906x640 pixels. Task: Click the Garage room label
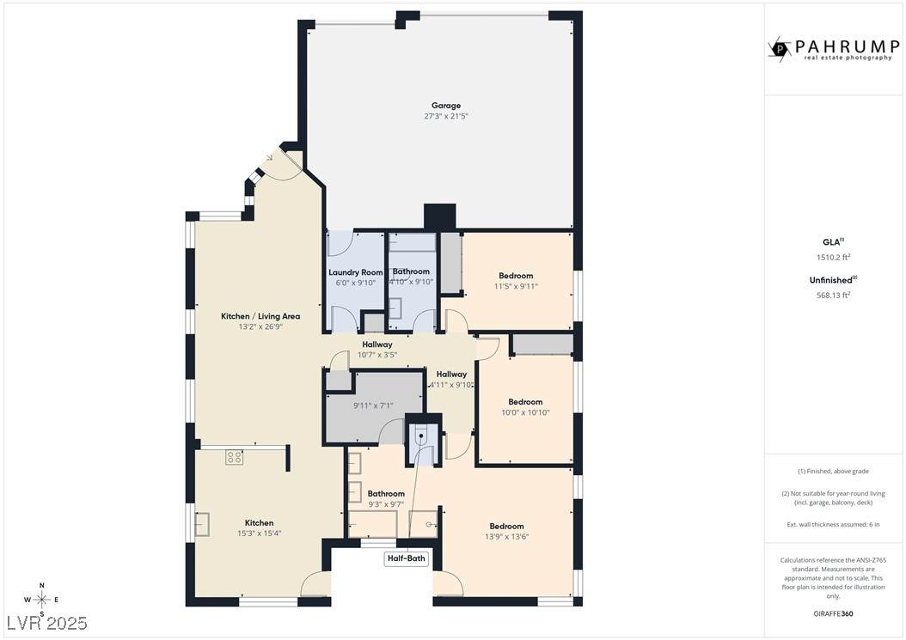pyautogui.click(x=446, y=106)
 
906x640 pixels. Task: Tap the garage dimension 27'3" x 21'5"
pyautogui.click(x=446, y=116)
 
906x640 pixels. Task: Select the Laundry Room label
pyautogui.click(x=355, y=272)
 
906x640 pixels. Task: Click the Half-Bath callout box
pyautogui.click(x=407, y=558)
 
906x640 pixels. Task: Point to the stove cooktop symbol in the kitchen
pyautogui.click(x=234, y=458)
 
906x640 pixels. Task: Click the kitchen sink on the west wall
pyautogui.click(x=202, y=525)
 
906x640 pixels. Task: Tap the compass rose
pyautogui.click(x=41, y=600)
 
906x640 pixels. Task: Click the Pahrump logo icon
pyautogui.click(x=780, y=48)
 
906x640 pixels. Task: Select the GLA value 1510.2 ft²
pyautogui.click(x=833, y=258)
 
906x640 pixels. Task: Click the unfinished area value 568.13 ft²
pyautogui.click(x=833, y=296)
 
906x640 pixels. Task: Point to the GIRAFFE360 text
pyautogui.click(x=833, y=613)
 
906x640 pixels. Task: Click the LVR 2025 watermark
pyautogui.click(x=46, y=623)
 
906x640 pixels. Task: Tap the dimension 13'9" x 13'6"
pyautogui.click(x=507, y=537)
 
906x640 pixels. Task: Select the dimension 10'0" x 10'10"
pyautogui.click(x=525, y=412)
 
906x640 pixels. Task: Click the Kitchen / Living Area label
pyautogui.click(x=260, y=316)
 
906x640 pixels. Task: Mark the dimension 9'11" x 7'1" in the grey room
pyautogui.click(x=373, y=405)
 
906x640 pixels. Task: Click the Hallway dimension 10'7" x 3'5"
pyautogui.click(x=377, y=355)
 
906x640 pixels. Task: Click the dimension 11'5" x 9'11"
pyautogui.click(x=516, y=287)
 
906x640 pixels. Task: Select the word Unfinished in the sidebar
pyautogui.click(x=831, y=280)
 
